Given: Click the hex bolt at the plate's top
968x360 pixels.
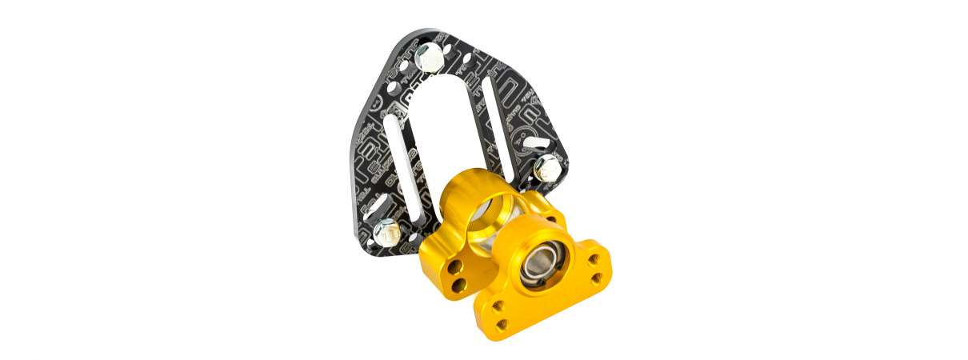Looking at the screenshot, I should (430, 57).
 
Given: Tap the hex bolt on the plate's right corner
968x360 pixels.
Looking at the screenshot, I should (546, 167).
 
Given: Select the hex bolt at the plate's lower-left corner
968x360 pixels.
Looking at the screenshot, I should (386, 231).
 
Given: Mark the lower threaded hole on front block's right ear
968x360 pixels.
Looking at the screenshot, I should (596, 278).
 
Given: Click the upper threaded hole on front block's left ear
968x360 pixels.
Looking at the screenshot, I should (496, 305).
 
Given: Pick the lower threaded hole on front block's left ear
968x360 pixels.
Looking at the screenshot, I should (502, 323).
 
